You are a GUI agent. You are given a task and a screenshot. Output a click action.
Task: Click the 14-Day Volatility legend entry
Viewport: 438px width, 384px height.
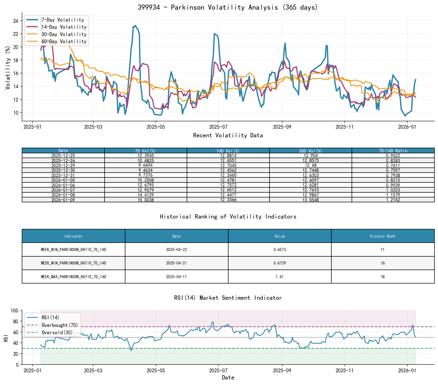(64, 27)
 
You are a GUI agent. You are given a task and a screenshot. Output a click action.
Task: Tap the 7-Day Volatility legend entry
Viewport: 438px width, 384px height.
(63, 20)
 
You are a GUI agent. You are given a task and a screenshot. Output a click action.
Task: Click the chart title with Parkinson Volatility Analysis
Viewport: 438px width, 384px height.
(228, 7)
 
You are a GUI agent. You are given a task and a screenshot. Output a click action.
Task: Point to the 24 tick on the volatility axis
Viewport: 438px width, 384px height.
(16, 21)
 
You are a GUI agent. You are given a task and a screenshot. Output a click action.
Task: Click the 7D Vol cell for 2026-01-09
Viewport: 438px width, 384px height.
(146, 200)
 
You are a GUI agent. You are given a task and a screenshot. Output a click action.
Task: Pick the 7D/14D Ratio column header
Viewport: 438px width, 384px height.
(393, 151)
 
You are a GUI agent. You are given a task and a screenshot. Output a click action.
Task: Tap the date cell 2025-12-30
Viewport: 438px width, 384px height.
(63, 170)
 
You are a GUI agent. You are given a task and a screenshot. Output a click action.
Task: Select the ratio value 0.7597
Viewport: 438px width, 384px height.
(393, 170)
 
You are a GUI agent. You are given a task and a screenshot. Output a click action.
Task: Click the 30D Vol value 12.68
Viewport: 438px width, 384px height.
(311, 165)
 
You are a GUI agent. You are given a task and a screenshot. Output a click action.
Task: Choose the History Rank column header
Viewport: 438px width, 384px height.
(383, 236)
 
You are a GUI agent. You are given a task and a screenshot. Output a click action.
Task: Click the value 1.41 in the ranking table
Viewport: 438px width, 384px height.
(280, 277)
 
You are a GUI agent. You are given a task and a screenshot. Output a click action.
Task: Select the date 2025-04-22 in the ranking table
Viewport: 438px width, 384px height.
(176, 250)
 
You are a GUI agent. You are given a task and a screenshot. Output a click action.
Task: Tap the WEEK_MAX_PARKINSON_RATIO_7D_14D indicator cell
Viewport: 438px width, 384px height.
(73, 277)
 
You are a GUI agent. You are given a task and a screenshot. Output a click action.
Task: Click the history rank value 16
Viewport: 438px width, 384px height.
(383, 263)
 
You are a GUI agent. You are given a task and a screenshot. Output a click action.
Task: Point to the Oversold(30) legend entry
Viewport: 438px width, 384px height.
(57, 332)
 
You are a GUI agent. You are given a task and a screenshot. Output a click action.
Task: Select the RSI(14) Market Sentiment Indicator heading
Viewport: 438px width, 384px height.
(228, 298)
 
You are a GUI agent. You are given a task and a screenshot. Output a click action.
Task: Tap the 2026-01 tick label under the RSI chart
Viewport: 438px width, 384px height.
(407, 371)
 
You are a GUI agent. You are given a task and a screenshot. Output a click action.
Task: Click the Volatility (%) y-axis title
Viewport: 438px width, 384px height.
(8, 68)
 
